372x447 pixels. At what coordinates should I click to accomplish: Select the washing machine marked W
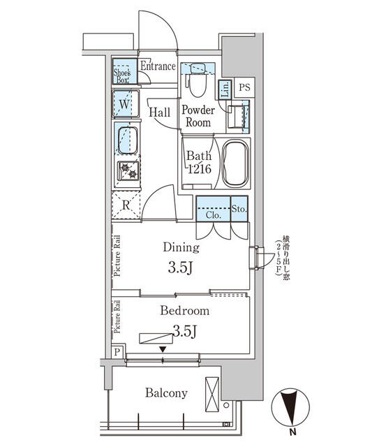tap(125, 104)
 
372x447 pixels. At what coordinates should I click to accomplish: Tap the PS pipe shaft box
tap(244, 87)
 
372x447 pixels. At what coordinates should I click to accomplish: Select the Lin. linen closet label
tap(225, 89)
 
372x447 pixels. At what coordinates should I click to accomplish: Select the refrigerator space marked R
tap(126, 205)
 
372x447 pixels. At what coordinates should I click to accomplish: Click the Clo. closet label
tap(214, 216)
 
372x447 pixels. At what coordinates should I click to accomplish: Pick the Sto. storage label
tap(237, 207)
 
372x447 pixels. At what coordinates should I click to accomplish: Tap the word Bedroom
tap(184, 311)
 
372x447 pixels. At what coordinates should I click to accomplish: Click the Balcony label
tap(166, 393)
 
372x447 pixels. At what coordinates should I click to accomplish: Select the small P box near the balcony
tap(117, 352)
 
